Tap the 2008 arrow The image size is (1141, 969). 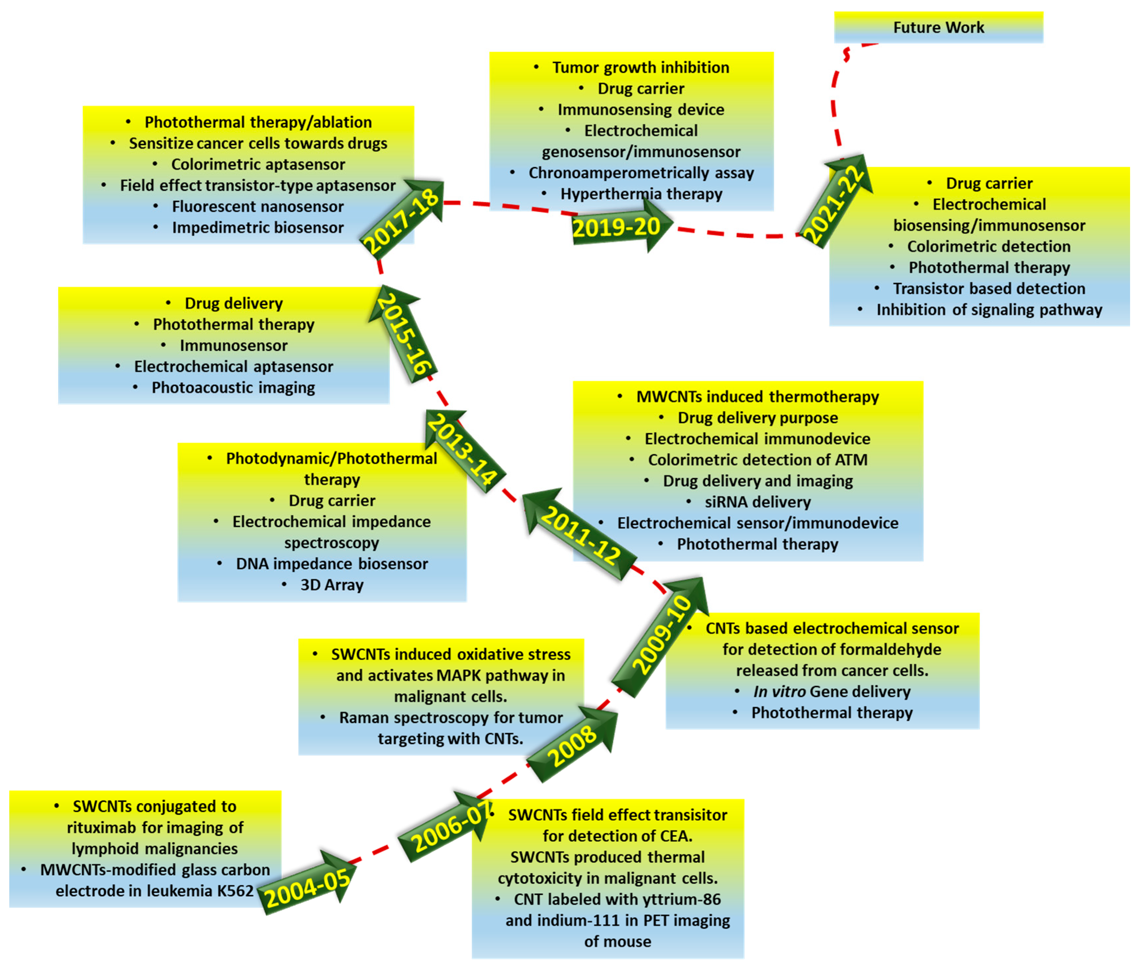[x=571, y=745]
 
